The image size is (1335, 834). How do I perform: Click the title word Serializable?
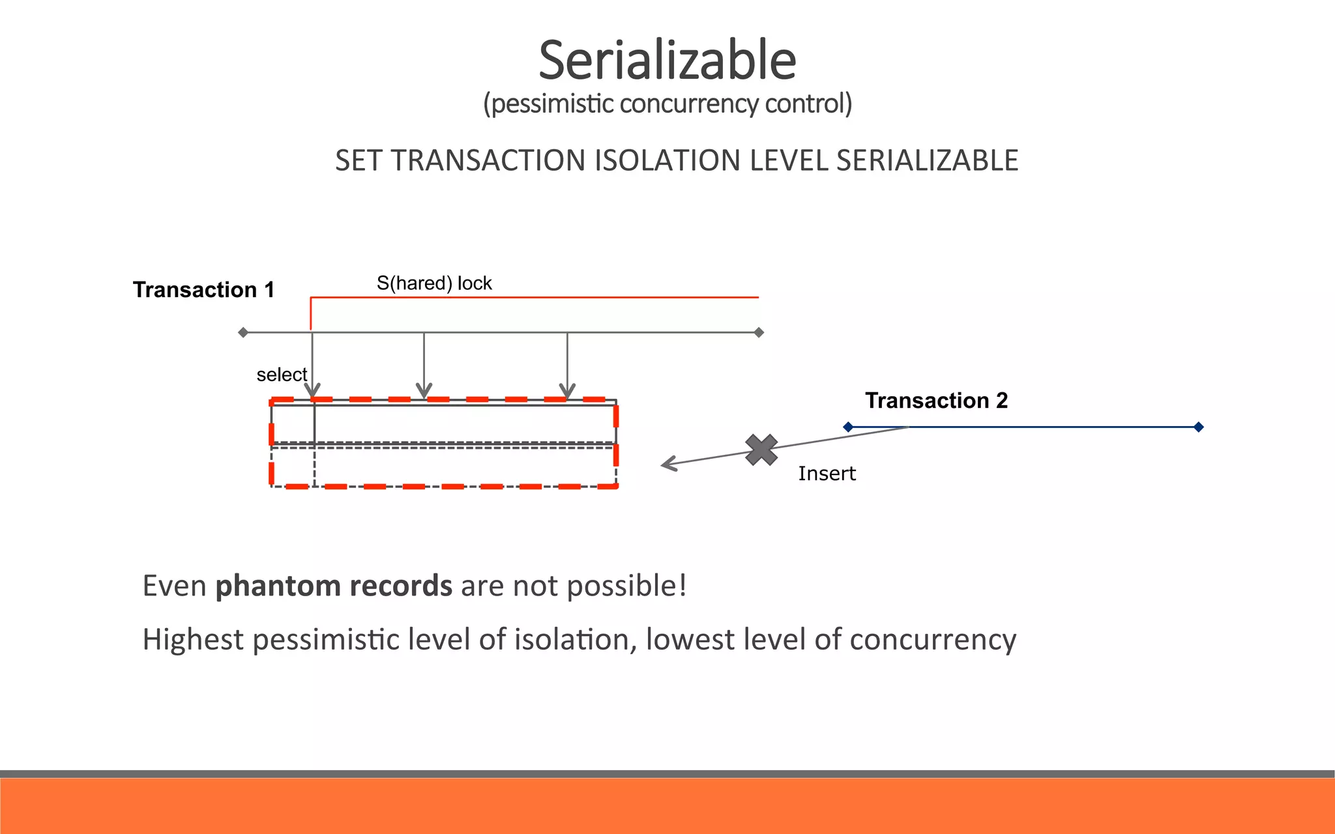coord(667,60)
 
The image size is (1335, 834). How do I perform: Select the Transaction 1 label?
coord(203,290)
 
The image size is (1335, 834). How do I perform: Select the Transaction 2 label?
coord(936,400)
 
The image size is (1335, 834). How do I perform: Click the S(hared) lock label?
coord(434,283)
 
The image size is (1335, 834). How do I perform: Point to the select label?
coord(282,375)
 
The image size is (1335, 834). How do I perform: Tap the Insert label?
coord(827,474)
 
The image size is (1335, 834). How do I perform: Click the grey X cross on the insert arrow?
coord(761,450)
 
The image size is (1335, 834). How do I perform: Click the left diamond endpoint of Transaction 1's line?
coord(243,332)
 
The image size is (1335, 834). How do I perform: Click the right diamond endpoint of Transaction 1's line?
coord(759,332)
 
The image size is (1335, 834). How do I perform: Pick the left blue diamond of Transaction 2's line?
coord(848,427)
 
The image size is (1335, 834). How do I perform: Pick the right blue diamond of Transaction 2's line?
coord(1198,427)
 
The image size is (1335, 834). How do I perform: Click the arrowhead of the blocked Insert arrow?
coord(666,464)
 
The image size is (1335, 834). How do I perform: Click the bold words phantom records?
coord(334,586)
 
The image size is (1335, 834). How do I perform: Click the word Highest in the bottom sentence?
coord(193,640)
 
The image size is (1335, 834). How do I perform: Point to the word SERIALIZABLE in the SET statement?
coord(927,161)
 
